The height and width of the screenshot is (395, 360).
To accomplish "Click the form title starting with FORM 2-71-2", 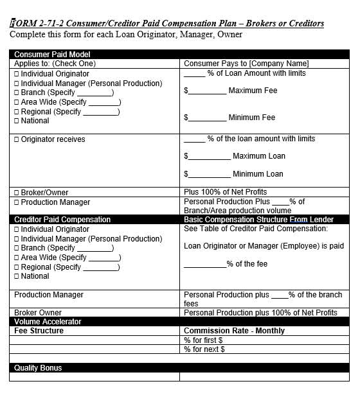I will [x=167, y=24].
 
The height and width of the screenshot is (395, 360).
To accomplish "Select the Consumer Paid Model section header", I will [x=52, y=55].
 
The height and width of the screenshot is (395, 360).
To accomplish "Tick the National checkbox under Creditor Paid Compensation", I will [x=17, y=277].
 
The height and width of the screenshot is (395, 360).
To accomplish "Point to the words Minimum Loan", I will [x=258, y=174].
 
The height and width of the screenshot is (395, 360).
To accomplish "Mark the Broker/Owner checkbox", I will [x=17, y=193].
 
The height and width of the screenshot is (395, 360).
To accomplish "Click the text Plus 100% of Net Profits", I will [x=225, y=192].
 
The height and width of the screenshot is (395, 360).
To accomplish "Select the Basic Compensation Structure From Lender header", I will [x=267, y=220].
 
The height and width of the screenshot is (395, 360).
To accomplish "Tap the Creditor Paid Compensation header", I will [x=62, y=220].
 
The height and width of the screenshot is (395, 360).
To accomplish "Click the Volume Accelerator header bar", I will [x=48, y=322].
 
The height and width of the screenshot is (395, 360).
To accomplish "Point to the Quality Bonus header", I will [x=38, y=368].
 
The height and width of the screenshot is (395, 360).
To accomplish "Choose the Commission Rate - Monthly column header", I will [x=234, y=331].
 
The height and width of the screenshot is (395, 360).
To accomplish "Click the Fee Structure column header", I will [x=39, y=331].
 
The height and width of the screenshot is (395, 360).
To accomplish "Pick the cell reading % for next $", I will [x=204, y=349].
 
